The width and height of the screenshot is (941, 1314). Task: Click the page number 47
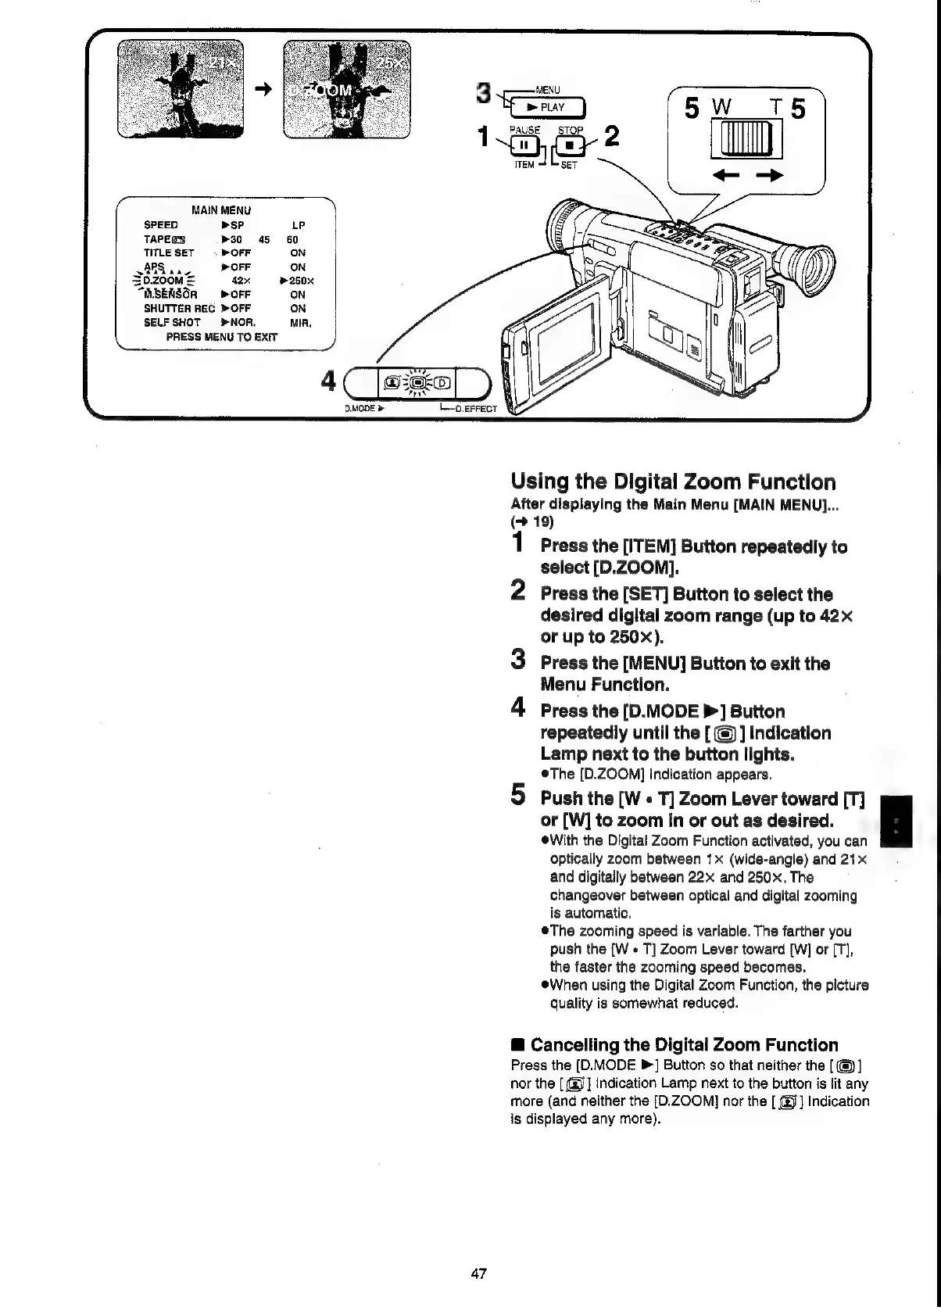point(479,1273)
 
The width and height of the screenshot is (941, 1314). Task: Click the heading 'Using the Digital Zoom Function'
point(673,482)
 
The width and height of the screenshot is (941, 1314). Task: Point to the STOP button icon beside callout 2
point(571,145)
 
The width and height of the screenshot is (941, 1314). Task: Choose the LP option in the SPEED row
point(298,225)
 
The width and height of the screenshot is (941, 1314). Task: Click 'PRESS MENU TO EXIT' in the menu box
point(221,337)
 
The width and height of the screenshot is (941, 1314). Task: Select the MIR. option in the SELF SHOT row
point(301,322)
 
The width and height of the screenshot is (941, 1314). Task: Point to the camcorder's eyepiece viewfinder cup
point(810,268)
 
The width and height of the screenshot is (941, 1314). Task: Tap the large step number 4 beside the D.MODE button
point(330,381)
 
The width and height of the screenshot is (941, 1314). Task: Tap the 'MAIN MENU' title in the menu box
point(221,209)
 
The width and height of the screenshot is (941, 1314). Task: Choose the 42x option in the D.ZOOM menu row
point(241,281)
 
